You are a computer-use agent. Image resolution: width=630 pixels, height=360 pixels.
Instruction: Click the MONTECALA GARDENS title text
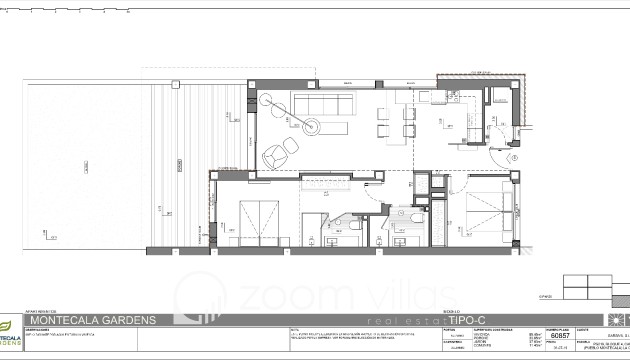pos(92,320)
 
